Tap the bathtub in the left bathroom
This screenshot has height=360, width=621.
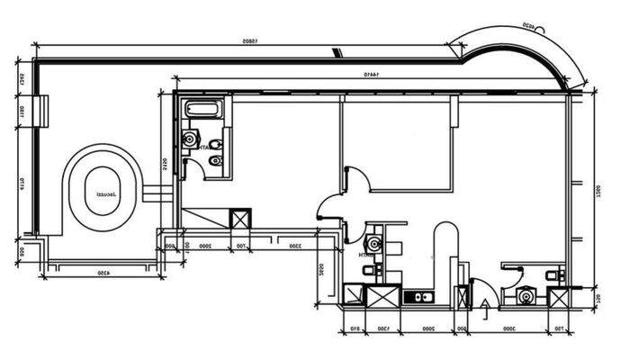tap(200, 111)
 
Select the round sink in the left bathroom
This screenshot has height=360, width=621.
tap(190, 139)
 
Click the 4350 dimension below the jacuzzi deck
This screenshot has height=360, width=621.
tap(103, 272)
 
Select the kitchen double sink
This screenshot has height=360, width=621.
tap(418, 296)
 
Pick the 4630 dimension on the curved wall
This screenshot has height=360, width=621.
tap(534, 28)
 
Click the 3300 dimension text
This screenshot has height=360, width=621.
tap(293, 246)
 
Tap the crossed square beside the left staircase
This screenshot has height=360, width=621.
tap(240, 219)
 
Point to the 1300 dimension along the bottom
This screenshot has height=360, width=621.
tap(383, 329)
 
